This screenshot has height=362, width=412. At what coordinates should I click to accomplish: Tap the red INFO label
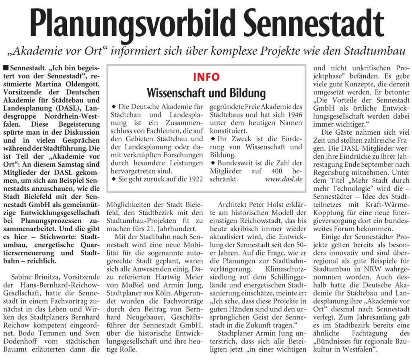tap(206, 77)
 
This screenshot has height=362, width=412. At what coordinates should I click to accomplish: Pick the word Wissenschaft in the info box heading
tap(180, 93)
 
